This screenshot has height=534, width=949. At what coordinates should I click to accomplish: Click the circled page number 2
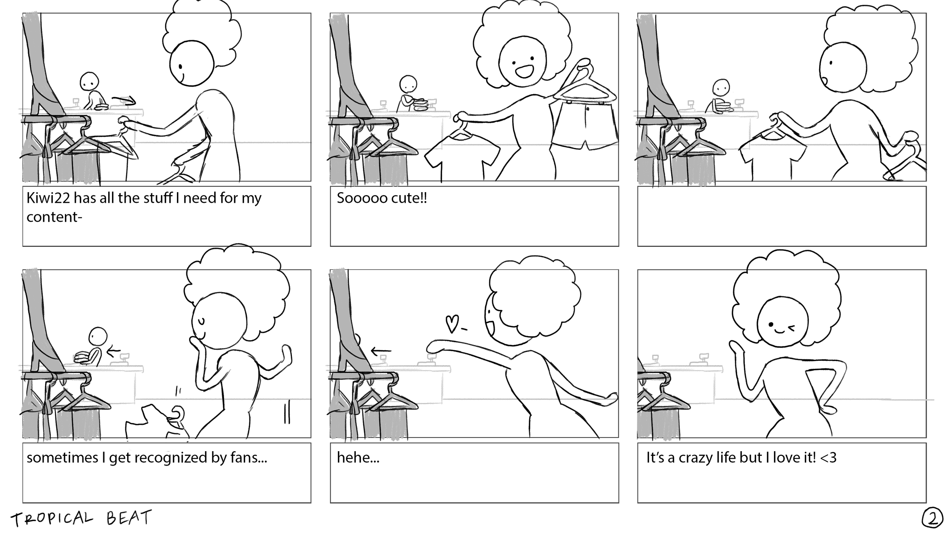932,519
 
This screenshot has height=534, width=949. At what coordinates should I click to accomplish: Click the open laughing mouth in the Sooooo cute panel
525,71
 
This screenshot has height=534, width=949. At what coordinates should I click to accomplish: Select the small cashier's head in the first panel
89,81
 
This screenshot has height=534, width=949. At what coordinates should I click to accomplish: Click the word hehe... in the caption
358,458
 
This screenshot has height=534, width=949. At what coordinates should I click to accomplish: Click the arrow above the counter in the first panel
124,100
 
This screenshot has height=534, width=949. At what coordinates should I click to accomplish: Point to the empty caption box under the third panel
782,216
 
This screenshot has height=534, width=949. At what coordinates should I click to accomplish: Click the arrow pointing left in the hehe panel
381,351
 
